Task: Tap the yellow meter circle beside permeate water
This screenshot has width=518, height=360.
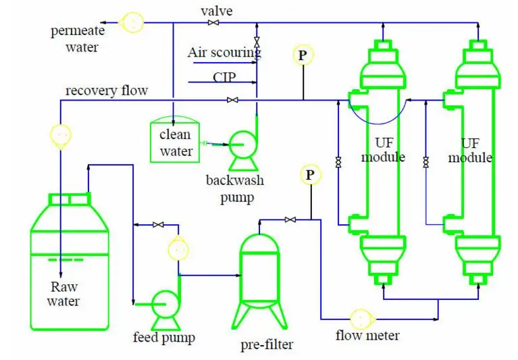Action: point(132,22)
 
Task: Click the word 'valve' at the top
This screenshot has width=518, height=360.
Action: point(216,11)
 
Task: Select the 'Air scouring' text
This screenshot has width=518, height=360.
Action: point(224,52)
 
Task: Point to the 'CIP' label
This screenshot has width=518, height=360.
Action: point(224,77)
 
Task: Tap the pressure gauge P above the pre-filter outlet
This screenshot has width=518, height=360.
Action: point(310,176)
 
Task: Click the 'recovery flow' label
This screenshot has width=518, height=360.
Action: point(106,91)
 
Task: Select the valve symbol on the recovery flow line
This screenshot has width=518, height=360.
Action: point(232,101)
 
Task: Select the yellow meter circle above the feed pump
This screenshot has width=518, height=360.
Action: point(177,249)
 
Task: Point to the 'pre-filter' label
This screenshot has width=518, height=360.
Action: point(267,345)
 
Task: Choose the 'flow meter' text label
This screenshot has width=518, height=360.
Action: point(367,336)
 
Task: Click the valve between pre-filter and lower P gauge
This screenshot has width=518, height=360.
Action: point(290,220)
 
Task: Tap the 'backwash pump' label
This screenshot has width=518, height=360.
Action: point(235,189)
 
